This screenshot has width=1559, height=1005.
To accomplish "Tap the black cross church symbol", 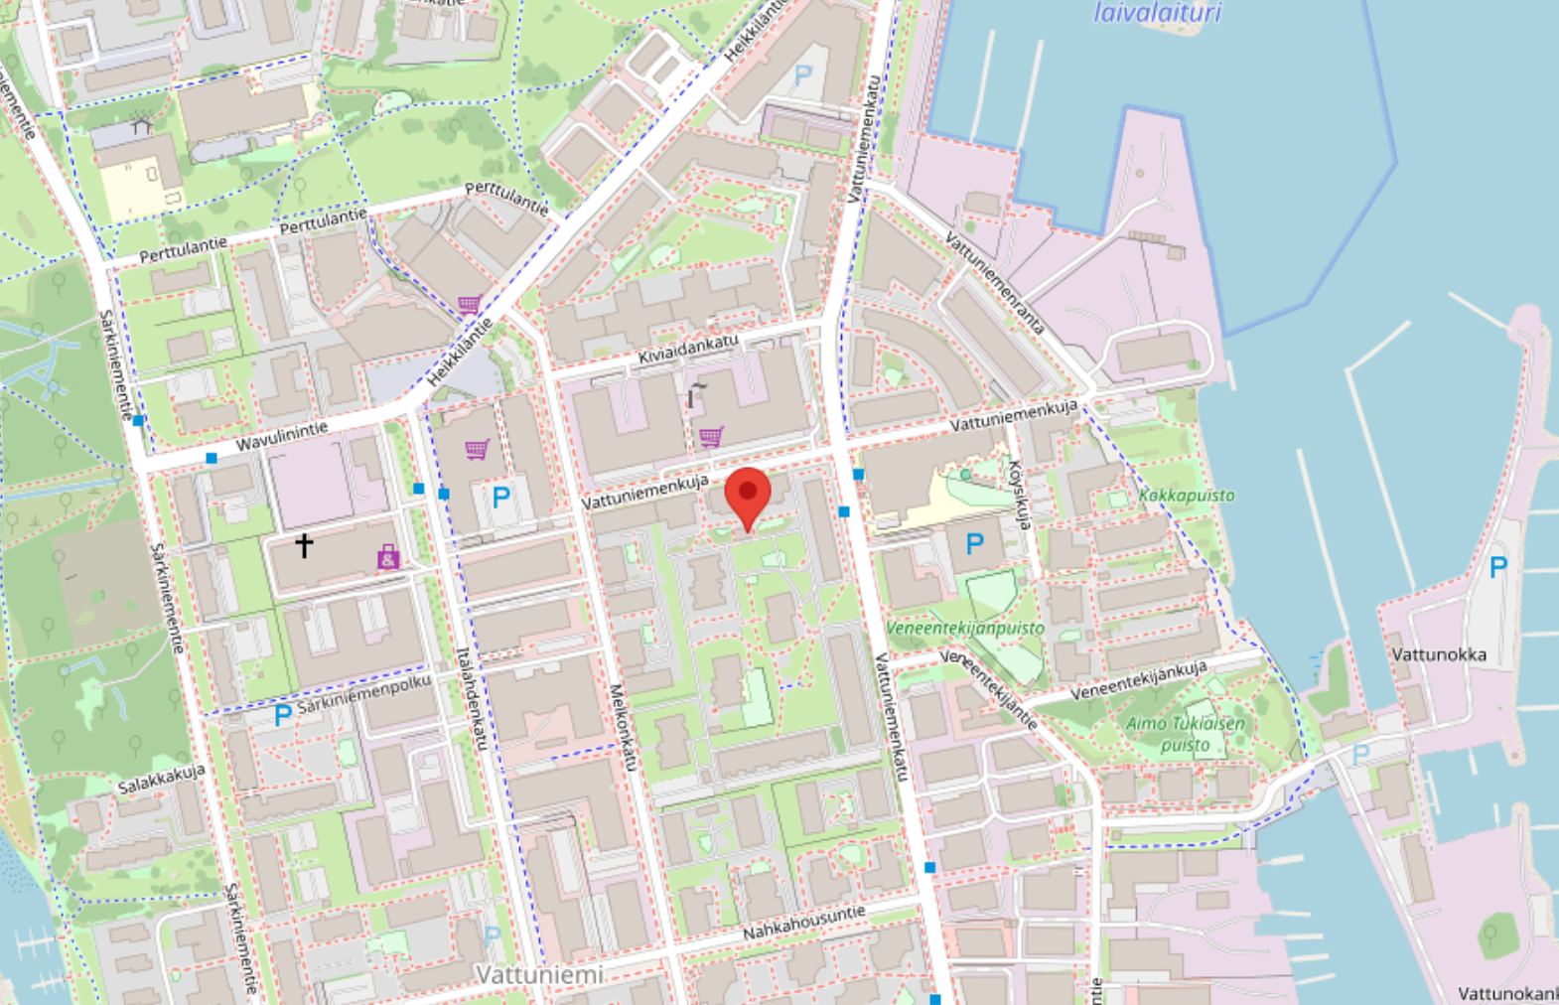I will click(304, 544).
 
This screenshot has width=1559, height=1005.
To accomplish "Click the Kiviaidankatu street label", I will click(688, 350).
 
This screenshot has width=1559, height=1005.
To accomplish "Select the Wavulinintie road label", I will click(282, 436).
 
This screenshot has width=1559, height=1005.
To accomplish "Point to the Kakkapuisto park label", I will click(1187, 495).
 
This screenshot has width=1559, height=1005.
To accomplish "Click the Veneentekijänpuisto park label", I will click(965, 628).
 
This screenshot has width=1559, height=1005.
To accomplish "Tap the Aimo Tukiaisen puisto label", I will click(1185, 734).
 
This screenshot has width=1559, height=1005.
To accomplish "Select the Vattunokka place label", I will click(1439, 654).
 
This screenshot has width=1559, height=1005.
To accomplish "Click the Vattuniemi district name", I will click(539, 975).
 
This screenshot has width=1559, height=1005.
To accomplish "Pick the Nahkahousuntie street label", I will click(804, 923).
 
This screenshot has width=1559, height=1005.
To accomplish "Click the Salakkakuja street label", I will click(161, 781).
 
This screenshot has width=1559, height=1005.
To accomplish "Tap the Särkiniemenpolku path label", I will click(364, 694).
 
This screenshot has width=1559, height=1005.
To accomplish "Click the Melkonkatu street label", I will click(623, 726).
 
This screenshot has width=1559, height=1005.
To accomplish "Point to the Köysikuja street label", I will click(1020, 494).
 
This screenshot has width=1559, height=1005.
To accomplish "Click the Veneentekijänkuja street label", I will click(1138, 680).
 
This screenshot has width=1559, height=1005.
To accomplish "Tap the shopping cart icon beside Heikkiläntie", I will click(469, 304).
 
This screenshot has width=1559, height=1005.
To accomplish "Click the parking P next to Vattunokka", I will click(1497, 567).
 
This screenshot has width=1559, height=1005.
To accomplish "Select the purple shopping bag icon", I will click(388, 557).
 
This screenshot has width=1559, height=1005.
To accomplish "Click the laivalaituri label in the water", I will click(1158, 13).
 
